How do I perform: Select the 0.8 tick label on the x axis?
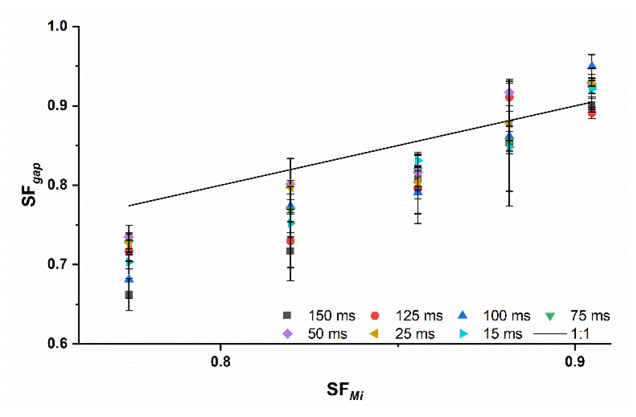pyautogui.click(x=221, y=362)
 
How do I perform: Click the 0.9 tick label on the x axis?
pyautogui.click(x=575, y=362)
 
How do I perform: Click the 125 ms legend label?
pyautogui.click(x=419, y=316)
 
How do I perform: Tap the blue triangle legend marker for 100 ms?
pyautogui.click(x=463, y=316)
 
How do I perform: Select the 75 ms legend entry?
pyautogui.click(x=590, y=316)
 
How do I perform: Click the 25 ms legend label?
pyautogui.click(x=415, y=334)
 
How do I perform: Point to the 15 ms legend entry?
pyautogui.click(x=502, y=334)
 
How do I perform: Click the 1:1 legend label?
pyautogui.click(x=580, y=334)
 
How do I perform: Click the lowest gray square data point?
pyautogui.click(x=129, y=295)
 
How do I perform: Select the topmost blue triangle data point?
pyautogui.click(x=592, y=66)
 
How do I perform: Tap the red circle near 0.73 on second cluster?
pyautogui.click(x=290, y=241)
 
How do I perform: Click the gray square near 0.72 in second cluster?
pyautogui.click(x=290, y=251)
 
